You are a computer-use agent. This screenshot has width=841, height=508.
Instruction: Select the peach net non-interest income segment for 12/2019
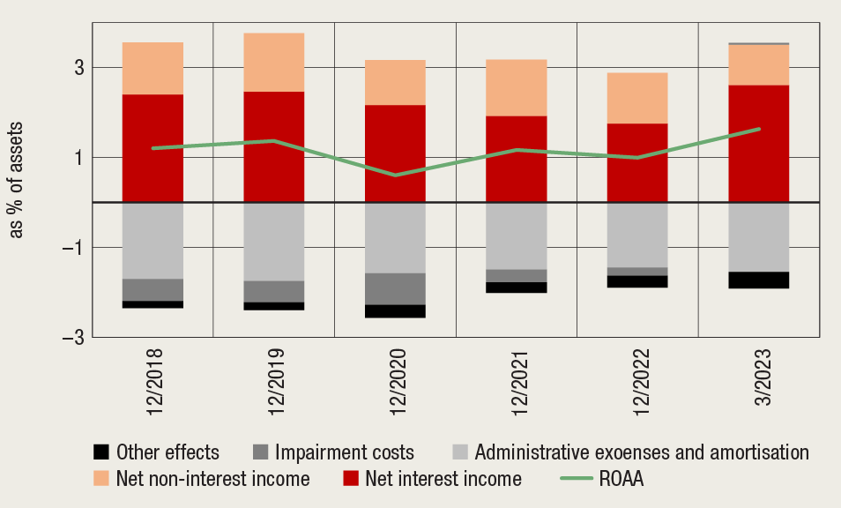(x=274, y=62)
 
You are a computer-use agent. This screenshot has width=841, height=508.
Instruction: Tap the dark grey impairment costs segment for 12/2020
(x=395, y=288)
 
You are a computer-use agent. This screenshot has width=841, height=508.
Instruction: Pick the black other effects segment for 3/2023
(x=759, y=280)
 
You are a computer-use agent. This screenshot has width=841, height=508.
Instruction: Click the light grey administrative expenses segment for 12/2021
(x=517, y=235)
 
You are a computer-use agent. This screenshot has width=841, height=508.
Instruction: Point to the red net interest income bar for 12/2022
(x=638, y=162)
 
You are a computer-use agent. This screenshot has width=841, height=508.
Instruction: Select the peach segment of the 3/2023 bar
(x=759, y=64)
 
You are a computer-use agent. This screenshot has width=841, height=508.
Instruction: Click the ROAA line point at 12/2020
(x=395, y=176)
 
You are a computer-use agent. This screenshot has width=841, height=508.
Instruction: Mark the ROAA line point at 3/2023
(x=759, y=129)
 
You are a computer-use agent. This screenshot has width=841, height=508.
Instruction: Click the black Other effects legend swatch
(x=102, y=452)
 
